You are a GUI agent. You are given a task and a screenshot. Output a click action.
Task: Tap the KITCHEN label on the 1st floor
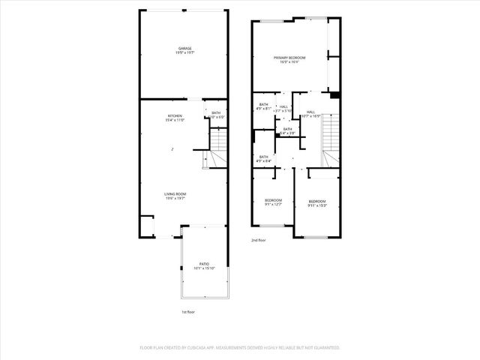coord(174,115)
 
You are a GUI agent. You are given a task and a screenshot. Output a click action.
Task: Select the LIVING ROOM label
coord(175,194)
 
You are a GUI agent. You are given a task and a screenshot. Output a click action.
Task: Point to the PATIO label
coord(204,264)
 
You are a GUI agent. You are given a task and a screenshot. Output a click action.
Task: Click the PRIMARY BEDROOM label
coord(289,58)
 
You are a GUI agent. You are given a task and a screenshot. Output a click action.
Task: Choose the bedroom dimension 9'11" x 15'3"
coord(317,205)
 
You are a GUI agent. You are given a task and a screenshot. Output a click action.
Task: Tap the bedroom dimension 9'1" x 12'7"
coord(273,204)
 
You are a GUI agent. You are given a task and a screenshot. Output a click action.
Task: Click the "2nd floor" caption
coord(259,240)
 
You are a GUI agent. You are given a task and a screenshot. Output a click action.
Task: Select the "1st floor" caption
coord(188,311)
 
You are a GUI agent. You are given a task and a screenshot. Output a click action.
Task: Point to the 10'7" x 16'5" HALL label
coord(310,112)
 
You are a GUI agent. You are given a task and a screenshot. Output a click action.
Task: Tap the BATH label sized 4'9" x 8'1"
coord(263,104)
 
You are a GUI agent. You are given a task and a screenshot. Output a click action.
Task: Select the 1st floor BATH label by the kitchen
coord(216,113)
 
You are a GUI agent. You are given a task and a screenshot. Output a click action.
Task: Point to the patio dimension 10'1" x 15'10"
coord(204,268)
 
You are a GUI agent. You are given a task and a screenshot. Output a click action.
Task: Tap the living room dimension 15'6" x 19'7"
coord(175,199)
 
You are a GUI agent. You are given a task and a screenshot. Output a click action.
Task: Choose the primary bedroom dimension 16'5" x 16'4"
coord(289,62)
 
